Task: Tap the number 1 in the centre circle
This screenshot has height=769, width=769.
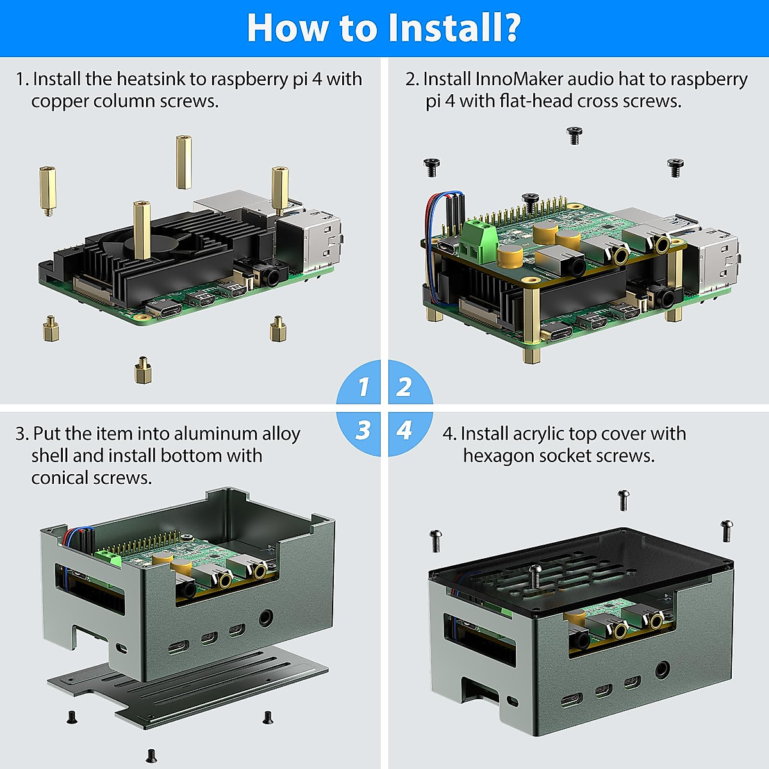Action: tap(363, 386)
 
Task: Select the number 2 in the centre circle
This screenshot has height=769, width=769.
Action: tap(404, 386)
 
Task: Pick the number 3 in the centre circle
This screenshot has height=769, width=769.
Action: tap(363, 430)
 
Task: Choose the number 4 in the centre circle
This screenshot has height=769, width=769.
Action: tap(404, 430)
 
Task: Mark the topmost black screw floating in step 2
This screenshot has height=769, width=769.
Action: tap(574, 135)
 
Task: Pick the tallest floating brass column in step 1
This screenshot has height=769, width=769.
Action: tap(184, 161)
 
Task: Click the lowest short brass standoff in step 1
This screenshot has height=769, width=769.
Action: tap(142, 370)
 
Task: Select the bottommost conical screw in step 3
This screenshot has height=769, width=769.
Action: tap(152, 756)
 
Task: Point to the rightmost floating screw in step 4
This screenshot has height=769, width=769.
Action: tap(727, 530)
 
